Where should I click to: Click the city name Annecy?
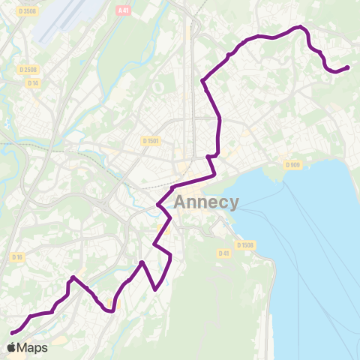(x=206, y=202)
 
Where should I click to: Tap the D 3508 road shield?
(x=28, y=11)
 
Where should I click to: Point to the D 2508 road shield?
(x=28, y=70)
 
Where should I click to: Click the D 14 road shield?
(x=33, y=82)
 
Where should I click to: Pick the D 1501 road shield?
(x=151, y=141)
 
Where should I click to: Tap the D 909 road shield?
(x=292, y=165)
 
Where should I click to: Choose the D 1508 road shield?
(x=245, y=244)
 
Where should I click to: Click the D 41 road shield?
(x=223, y=253)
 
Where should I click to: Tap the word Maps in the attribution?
(x=32, y=348)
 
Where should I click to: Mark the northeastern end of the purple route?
(x=348, y=67)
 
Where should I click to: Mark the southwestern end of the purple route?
(x=12, y=332)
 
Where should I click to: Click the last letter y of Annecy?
(x=234, y=204)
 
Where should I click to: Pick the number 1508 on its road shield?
(x=248, y=244)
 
